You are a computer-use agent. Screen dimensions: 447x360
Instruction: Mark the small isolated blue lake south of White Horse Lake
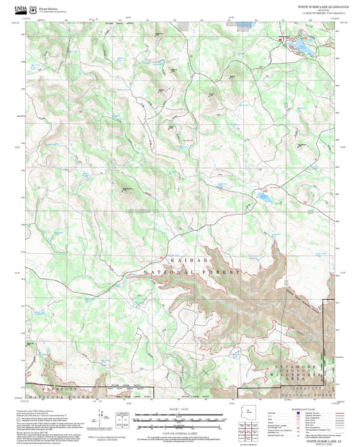point(263,198)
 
